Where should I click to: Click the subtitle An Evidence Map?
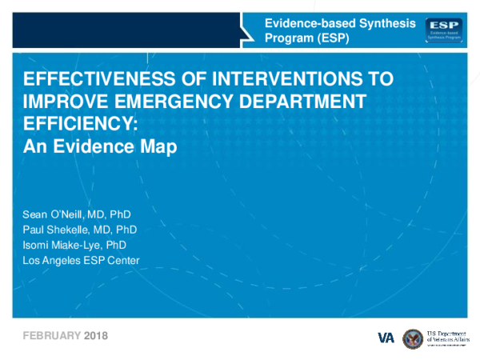98,147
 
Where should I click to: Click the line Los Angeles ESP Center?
81,260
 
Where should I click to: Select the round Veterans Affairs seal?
412,337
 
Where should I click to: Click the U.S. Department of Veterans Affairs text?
452,337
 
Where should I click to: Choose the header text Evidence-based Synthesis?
340,24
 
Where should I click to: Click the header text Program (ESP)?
306,38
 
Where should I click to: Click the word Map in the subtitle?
159,147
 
